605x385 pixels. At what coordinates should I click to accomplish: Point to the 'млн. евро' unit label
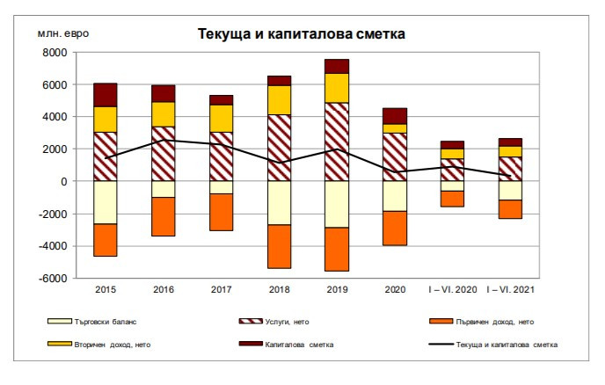(x=60, y=33)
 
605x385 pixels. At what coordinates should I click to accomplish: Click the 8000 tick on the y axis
(x=55, y=53)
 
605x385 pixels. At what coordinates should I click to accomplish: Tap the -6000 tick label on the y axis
(x=53, y=278)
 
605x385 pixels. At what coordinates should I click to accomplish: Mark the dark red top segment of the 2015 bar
(x=106, y=95)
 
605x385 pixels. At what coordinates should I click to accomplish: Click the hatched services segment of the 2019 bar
(x=337, y=142)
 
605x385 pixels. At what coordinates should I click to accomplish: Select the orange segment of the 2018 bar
(x=279, y=246)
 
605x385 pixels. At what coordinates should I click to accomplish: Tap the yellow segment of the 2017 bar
(x=221, y=118)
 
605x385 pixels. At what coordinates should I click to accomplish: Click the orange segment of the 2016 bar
(x=164, y=216)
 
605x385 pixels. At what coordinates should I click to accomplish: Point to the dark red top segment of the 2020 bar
(x=395, y=116)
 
